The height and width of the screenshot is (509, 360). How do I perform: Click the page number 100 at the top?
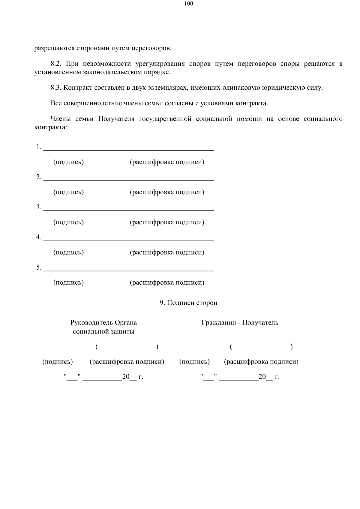coord(189,4)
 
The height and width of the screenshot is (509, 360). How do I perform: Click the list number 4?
coord(39,237)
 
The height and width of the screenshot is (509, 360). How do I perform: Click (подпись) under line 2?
coord(68,192)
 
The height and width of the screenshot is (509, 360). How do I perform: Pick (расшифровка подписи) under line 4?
coord(167,253)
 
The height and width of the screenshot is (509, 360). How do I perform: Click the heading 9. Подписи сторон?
coord(188,303)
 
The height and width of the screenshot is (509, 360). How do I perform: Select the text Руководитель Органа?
coord(103,323)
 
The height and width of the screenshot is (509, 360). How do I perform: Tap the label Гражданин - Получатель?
coord(240,323)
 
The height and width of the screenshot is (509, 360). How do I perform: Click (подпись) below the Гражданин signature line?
coord(194,362)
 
